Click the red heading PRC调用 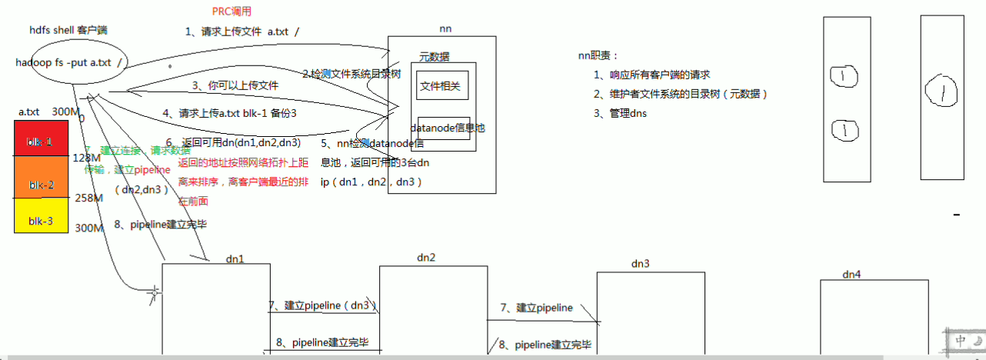point(232,12)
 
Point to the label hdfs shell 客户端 point(68,30)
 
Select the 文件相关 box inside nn point(441,85)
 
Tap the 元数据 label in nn point(435,57)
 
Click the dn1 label point(235,258)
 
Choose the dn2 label point(425,257)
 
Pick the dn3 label point(640,264)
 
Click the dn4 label point(851,274)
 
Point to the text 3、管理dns point(620,113)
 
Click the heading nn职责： point(598,55)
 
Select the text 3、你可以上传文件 point(235,85)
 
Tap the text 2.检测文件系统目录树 point(351,74)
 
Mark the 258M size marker point(88,198)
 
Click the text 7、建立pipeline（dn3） point(323,305)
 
